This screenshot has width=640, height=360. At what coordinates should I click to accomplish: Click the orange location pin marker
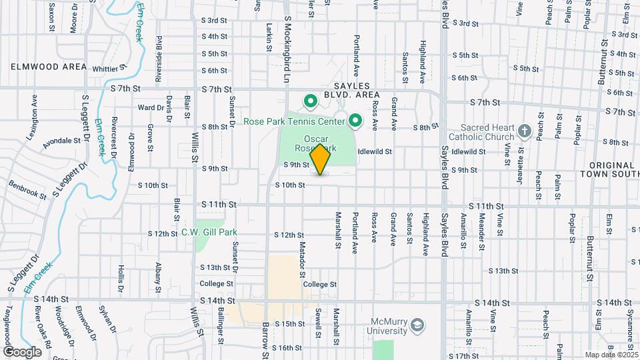point(321,159)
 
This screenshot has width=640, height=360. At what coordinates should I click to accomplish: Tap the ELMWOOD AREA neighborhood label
point(49,67)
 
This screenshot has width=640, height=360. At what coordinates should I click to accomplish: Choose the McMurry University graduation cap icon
point(417,325)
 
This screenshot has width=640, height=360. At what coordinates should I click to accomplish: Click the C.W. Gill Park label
point(209,233)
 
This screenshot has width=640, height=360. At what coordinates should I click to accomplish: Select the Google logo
point(22,351)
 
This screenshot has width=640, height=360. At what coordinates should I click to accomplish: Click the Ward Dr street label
point(151,107)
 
